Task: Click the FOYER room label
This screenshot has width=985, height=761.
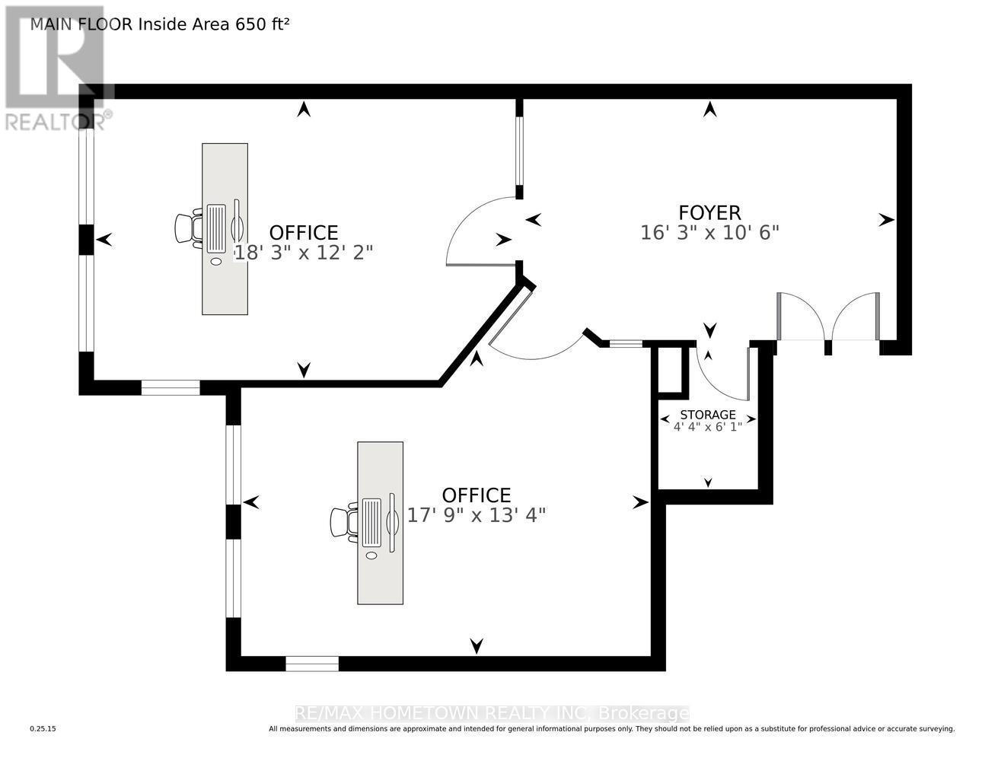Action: [709, 213]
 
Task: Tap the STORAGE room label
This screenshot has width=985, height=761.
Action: [708, 415]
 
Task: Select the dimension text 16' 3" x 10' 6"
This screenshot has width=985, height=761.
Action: [709, 234]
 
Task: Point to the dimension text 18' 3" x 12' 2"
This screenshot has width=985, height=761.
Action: [304, 253]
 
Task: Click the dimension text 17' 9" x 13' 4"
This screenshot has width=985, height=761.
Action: [477, 515]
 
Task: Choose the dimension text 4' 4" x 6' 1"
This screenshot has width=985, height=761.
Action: [708, 427]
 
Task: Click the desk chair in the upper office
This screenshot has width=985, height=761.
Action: [189, 228]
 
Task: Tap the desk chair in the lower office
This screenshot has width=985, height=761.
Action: [345, 522]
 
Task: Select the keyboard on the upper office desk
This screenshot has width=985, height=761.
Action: [216, 229]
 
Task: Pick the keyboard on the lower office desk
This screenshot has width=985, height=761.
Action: [371, 523]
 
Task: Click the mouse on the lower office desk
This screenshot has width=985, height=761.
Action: [371, 556]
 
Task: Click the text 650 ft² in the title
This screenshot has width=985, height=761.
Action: [263, 24]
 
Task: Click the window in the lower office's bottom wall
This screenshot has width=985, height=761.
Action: [312, 664]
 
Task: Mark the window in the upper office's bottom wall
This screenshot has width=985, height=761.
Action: [171, 388]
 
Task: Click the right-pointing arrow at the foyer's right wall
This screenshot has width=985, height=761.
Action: [886, 220]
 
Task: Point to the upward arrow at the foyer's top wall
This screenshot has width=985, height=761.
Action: [710, 109]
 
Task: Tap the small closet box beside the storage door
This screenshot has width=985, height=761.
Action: [671, 371]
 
